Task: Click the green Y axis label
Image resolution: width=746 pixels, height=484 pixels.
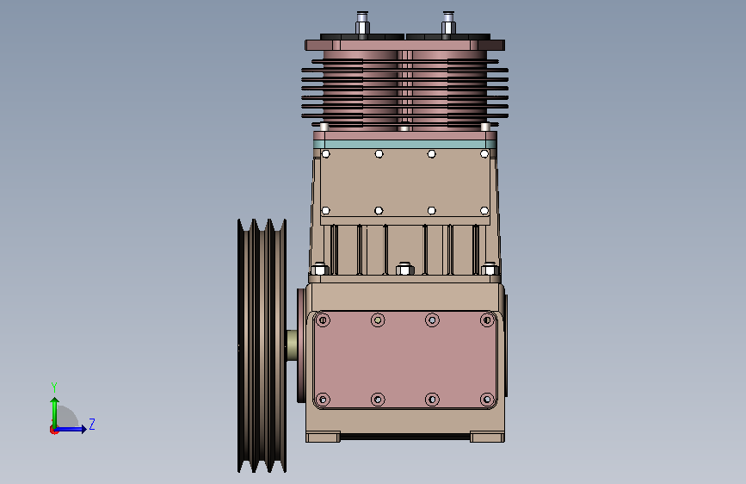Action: click(54, 387)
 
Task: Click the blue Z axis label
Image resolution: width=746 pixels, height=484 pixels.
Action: click(92, 424)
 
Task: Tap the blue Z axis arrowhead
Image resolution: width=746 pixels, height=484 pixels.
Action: click(83, 429)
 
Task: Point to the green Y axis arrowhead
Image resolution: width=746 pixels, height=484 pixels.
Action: click(55, 401)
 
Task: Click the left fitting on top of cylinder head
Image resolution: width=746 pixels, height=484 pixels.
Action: click(362, 23)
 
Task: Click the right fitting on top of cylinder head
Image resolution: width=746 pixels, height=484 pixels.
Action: click(448, 23)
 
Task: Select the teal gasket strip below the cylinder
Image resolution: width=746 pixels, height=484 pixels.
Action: click(405, 145)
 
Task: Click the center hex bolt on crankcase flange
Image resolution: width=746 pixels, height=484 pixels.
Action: click(405, 269)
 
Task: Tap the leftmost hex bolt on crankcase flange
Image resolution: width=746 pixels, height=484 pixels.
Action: click(318, 269)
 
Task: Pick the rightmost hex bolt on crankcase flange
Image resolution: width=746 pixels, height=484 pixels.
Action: click(490, 269)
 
